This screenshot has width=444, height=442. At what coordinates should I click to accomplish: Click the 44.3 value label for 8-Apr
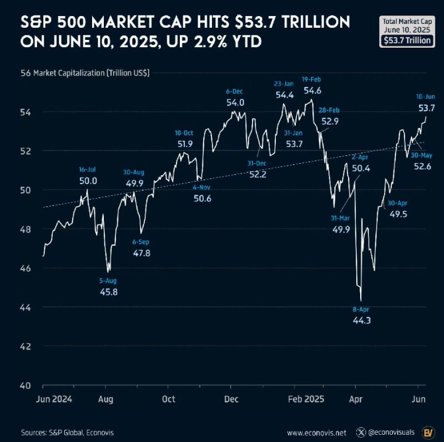click(x=361, y=320)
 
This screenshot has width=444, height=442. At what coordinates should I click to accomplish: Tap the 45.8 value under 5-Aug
click(x=108, y=292)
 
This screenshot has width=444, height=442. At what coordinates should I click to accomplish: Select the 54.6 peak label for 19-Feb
click(x=312, y=90)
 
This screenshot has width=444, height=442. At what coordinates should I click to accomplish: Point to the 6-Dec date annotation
click(x=235, y=91)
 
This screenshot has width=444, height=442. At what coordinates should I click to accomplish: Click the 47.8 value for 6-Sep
click(x=140, y=253)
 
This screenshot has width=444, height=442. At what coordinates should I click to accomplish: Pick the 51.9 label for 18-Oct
click(x=184, y=144)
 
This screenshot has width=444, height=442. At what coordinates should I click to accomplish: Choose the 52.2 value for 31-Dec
click(x=258, y=174)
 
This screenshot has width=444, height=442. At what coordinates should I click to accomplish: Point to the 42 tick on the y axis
click(x=26, y=346)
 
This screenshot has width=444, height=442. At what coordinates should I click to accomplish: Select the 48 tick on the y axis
click(x=26, y=229)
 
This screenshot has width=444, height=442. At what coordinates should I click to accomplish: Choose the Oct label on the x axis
click(x=168, y=399)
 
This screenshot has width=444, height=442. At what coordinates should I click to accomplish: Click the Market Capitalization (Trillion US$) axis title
click(x=95, y=73)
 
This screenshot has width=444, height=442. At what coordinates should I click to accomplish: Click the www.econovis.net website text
click(x=316, y=432)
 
